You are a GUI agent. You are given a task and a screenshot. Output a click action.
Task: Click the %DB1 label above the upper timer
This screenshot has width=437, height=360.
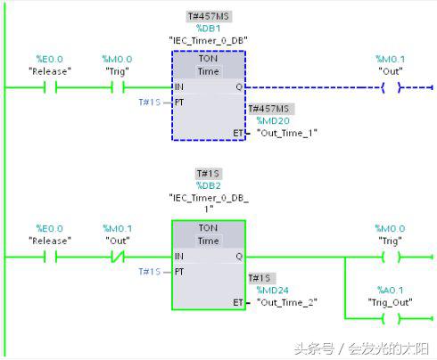point(209,29)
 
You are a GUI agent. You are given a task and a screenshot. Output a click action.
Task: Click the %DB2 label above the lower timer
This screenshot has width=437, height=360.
point(209,185)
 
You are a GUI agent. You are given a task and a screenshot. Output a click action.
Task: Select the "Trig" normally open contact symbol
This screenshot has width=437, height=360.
point(117,87)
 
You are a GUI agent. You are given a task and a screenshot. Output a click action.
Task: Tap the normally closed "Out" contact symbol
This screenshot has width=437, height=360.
point(117,258)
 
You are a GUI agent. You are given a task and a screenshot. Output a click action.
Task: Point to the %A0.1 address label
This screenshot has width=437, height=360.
point(390,290)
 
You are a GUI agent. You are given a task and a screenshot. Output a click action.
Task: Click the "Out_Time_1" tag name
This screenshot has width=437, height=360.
point(286,132)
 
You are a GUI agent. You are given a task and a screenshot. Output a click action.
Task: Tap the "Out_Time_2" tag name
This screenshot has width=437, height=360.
point(286,302)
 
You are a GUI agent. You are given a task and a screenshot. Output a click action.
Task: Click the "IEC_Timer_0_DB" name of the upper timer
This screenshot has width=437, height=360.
point(208,41)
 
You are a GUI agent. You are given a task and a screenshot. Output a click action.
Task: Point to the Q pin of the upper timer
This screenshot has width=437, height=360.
point(237,87)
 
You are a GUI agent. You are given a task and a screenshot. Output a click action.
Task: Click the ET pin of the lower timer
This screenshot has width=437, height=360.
point(237,302)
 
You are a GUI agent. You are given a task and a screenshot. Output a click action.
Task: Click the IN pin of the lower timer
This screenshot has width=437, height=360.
point(180,258)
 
